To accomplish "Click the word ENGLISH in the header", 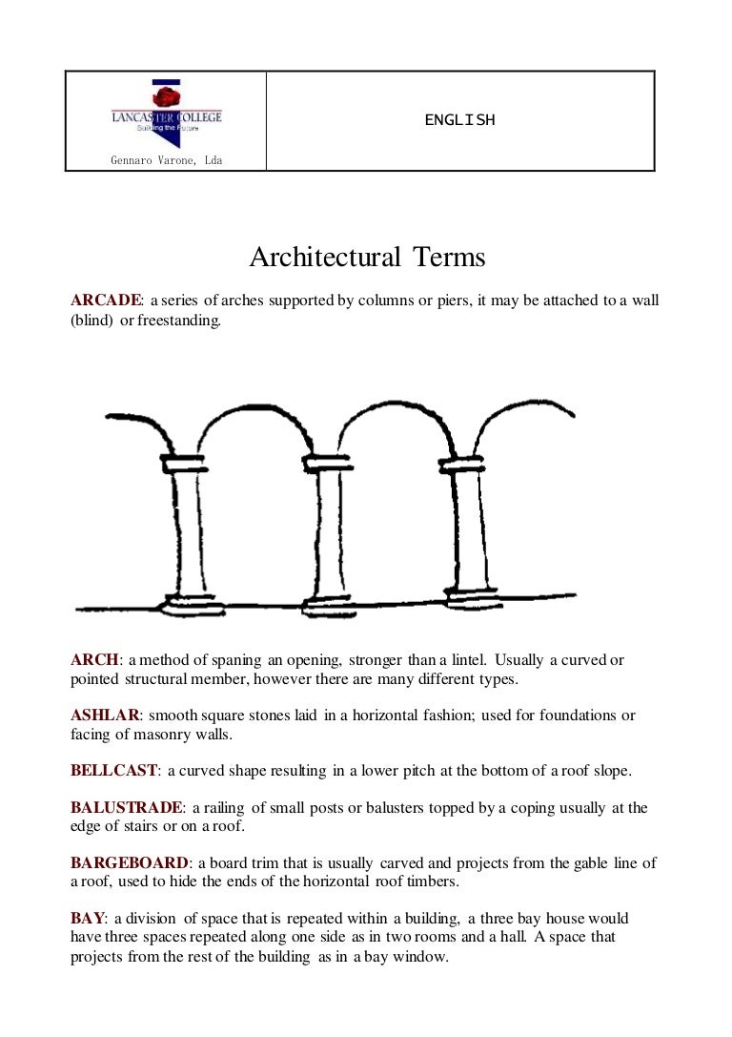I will coord(459,120).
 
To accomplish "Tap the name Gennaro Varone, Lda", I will coord(166,160).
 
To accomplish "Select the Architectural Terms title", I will coord(367,258).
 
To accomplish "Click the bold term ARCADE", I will coord(106,301).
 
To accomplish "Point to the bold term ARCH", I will coord(95,659).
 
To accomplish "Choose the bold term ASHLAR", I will coord(105,715).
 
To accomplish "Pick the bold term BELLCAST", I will coord(113,770).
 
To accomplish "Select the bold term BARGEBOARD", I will coord(130,863).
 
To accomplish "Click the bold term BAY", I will coord(88,919).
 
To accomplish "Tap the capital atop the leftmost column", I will coord(184,464).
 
